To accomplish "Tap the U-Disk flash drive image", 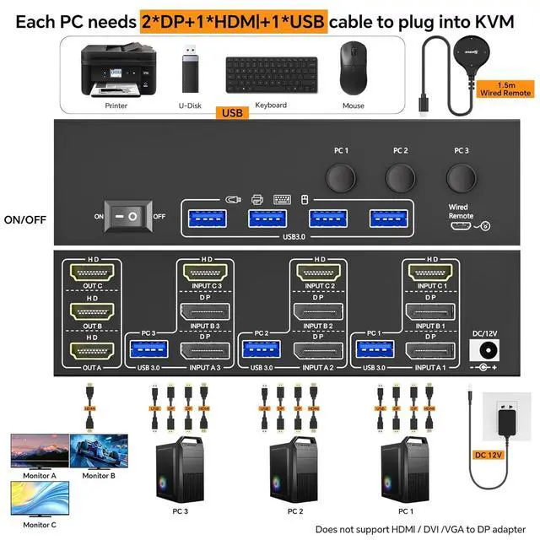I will point(190,72).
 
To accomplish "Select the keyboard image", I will point(271,75).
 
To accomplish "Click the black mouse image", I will point(354,73).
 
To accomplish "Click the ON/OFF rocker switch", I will point(132,216).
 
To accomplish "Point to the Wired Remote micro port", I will point(460,224).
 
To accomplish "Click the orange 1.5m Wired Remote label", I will point(504,89).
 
